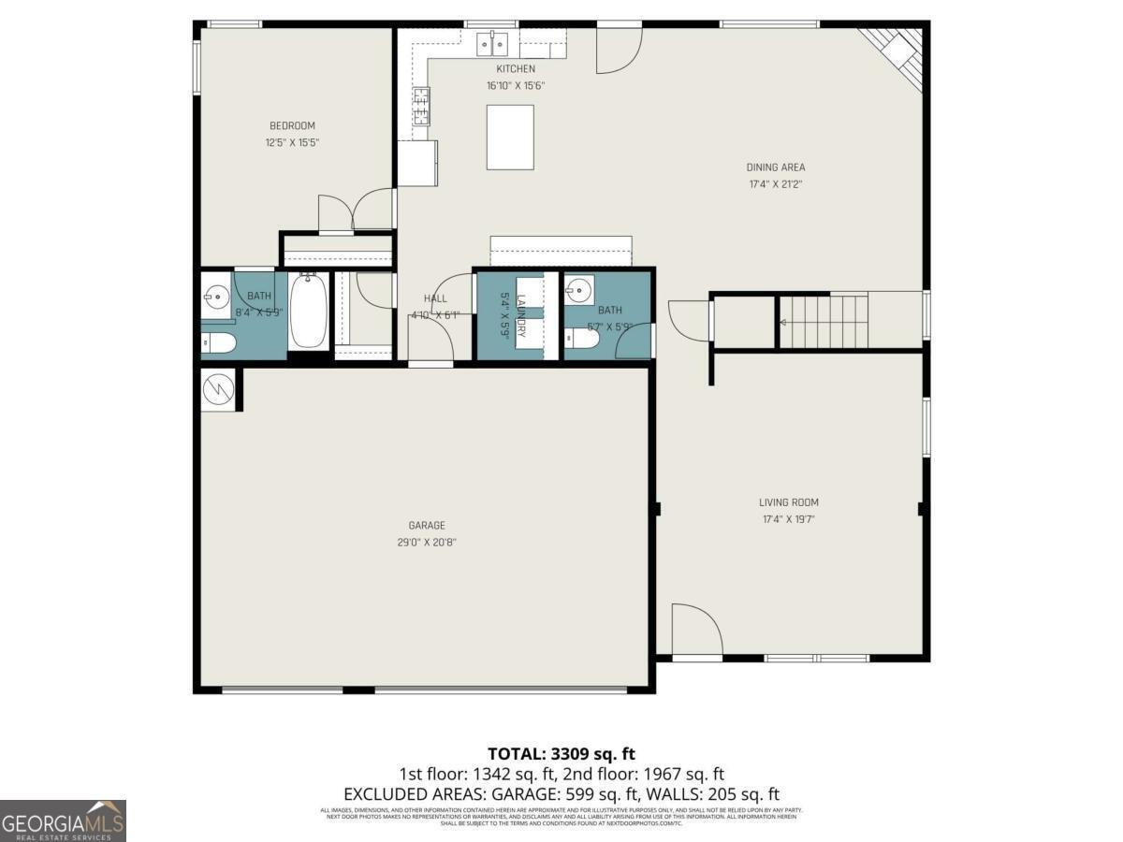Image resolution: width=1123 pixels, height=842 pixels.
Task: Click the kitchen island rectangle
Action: pos(510,137)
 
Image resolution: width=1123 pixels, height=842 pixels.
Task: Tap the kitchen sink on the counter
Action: pos(491,43)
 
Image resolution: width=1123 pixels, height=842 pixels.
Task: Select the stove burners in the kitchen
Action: pos(422,106)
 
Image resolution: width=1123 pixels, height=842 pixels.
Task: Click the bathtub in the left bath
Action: pos(308,310)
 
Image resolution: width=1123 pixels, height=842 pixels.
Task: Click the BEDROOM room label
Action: pos(292,125)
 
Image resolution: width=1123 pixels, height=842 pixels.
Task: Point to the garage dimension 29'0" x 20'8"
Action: pos(427,542)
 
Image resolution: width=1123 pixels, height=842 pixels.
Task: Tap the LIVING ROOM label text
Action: pos(790,502)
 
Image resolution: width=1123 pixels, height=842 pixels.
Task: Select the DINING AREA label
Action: pos(776,167)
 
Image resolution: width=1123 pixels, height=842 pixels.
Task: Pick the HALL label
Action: pos(435,298)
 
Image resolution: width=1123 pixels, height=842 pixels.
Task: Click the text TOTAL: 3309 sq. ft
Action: pos(561,753)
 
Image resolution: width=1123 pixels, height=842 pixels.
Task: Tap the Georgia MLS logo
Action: pos(63,820)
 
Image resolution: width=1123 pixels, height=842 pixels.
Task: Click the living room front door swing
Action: pos(696,630)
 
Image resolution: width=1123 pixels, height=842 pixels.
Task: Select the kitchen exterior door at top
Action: pos(619,49)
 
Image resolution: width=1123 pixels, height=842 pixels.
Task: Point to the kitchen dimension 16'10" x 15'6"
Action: pos(515,85)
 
